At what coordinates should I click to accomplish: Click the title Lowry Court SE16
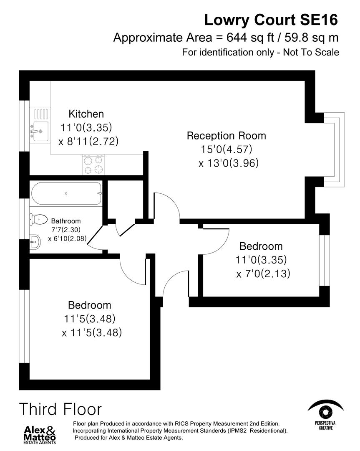[x=271, y=19]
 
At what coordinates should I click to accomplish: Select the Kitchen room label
[x=86, y=114]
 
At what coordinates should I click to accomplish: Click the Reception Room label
[x=226, y=136]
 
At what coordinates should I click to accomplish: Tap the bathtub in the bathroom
[x=66, y=193]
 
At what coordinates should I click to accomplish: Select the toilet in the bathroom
[x=38, y=218]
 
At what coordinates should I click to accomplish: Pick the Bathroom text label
[x=66, y=221]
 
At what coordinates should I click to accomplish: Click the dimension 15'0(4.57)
[x=227, y=149]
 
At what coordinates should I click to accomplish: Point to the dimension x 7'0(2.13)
[x=263, y=274]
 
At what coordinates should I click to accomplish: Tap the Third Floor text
[x=60, y=409]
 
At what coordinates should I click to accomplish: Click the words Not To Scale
[x=311, y=52]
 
